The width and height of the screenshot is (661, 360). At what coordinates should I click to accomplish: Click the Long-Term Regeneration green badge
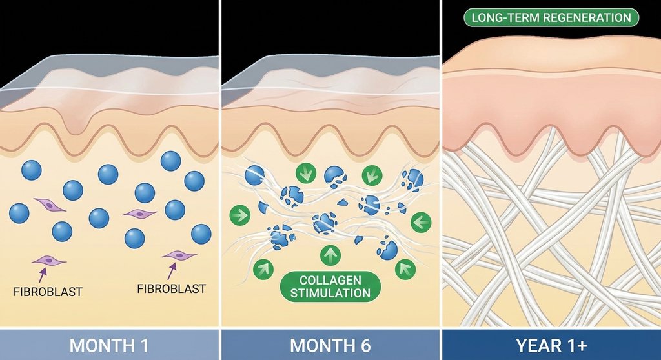551,17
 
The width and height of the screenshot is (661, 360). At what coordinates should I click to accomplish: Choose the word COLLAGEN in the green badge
330,280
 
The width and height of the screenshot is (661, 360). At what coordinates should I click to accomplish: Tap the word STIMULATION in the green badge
330,294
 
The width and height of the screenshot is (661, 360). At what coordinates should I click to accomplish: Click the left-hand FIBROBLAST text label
48,291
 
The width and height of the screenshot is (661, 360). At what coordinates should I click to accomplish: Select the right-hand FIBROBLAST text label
171,288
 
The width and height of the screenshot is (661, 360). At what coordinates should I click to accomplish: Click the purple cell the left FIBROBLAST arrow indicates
50,261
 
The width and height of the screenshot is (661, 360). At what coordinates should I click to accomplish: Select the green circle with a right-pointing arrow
240,215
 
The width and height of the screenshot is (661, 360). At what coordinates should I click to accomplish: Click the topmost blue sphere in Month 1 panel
170,161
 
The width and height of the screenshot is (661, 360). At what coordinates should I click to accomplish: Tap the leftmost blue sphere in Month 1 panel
19,213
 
